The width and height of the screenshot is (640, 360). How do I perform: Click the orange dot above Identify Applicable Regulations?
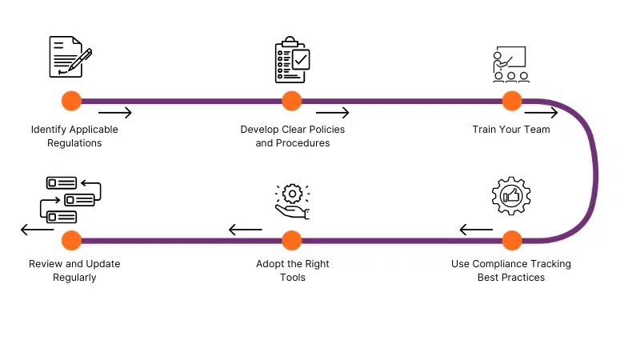click(x=71, y=101)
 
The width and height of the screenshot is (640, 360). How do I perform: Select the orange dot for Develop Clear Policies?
click(x=291, y=101)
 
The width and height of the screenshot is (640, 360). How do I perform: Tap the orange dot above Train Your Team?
click(x=512, y=101)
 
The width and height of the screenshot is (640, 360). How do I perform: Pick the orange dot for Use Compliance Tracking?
click(x=512, y=241)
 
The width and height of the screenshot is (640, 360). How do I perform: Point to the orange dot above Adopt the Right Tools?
click(x=291, y=241)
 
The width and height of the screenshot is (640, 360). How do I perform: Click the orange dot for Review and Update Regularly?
click(x=71, y=241)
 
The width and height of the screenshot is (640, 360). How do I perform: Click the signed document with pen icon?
click(x=70, y=57)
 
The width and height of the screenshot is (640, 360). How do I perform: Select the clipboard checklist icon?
click(x=292, y=59)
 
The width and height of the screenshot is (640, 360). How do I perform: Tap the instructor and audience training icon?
click(x=510, y=65)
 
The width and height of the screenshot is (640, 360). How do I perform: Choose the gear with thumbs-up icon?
click(x=511, y=196)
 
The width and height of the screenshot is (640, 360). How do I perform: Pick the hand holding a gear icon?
click(x=292, y=202)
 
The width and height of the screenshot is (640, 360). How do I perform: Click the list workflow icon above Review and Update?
click(x=70, y=200)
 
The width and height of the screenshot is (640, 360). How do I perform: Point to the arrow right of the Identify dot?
click(x=115, y=113)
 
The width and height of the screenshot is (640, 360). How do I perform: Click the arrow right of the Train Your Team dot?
click(x=542, y=113)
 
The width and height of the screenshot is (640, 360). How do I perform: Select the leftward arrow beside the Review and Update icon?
click(x=37, y=230)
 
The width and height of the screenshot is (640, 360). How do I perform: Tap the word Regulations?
click(x=74, y=143)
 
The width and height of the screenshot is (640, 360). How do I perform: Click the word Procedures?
click(x=303, y=143)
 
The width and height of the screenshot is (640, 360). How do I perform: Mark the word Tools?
click(x=293, y=278)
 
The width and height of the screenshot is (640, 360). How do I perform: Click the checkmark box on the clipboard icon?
click(x=302, y=60)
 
